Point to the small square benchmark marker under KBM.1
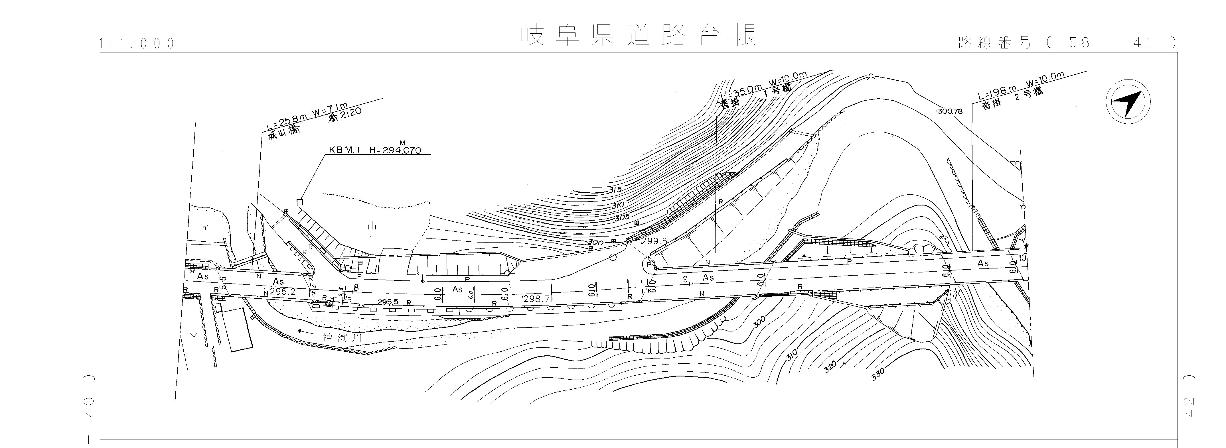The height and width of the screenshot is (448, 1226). tap(300, 202)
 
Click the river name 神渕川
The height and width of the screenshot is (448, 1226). tap(343, 338)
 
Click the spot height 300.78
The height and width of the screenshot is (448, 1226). tap(949, 111)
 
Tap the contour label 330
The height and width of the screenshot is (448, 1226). tap(878, 374)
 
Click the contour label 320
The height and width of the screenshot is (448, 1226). tap(830, 366)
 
